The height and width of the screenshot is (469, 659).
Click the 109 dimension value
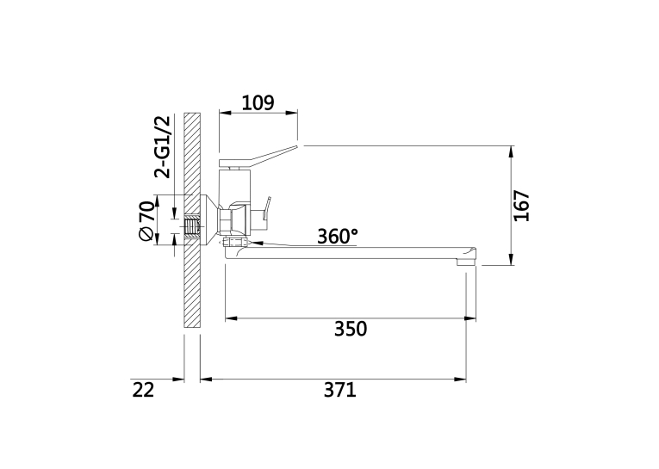tap(258, 102)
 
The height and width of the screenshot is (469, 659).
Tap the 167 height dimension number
tap(521, 206)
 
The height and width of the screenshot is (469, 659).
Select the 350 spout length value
tap(351, 329)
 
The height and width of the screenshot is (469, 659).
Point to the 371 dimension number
tap(340, 390)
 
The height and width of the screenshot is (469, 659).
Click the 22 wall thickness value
tap(144, 390)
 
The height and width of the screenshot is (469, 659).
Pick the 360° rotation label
tap(338, 237)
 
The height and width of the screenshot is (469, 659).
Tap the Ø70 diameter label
tap(146, 221)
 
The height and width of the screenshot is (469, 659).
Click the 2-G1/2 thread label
tap(163, 147)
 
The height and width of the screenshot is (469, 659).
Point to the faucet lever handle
tap(258, 156)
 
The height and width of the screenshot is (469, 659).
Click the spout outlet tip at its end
tap(467, 262)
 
